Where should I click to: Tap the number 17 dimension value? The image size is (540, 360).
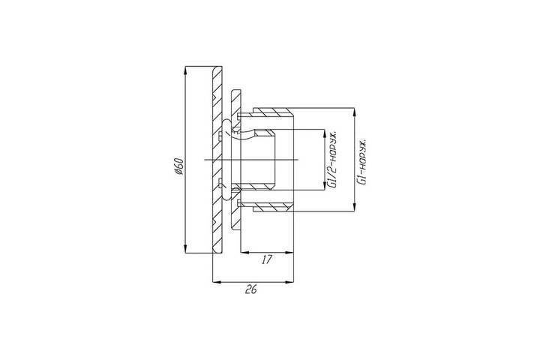(x=266, y=259)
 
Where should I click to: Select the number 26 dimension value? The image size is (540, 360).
(x=251, y=289)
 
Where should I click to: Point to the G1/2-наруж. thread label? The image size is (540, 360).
(x=333, y=160)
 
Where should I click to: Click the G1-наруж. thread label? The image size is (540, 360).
(x=362, y=162)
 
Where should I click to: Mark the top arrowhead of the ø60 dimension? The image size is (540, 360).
(x=185, y=70)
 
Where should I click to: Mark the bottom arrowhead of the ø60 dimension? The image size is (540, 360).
(x=185, y=249)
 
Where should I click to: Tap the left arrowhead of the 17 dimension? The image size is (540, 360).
(x=244, y=253)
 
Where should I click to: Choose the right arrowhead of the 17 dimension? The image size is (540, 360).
(x=289, y=253)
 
